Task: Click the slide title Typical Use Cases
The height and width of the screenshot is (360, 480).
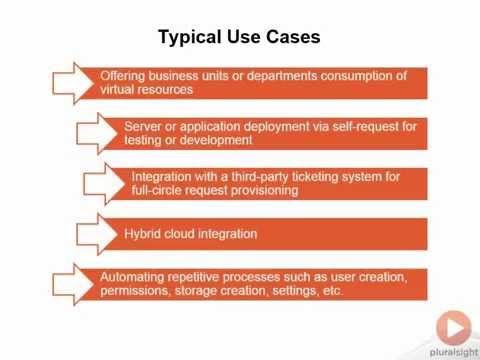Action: (x=239, y=37)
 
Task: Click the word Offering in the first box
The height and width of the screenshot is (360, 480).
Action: (x=124, y=75)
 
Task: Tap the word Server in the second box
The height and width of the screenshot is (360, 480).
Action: (x=143, y=126)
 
